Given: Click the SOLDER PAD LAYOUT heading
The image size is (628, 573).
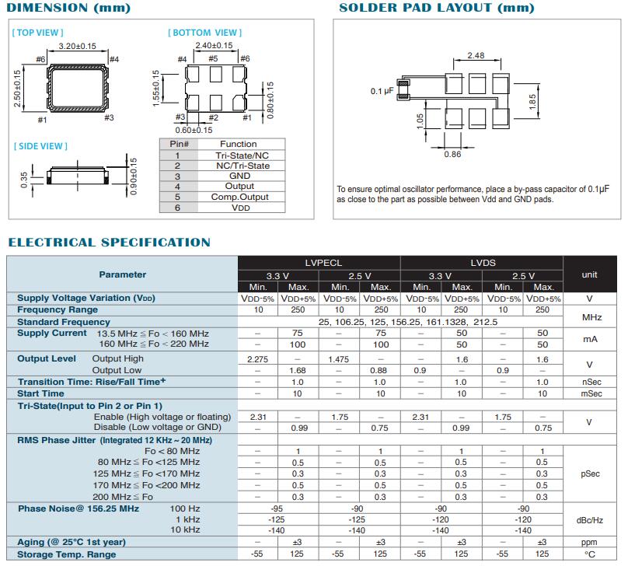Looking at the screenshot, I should coord(438,8).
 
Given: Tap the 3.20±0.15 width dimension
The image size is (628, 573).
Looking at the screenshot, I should coord(76,46).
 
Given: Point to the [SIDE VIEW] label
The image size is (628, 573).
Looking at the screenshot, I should coord(40,146).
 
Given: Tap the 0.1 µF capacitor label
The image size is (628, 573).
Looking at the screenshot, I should coord(382,92).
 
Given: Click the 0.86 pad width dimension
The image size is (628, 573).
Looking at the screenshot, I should coord(452,154).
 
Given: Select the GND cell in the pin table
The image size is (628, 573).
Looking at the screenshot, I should coord(239,176).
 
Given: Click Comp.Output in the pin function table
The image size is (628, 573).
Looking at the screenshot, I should coord(239,197).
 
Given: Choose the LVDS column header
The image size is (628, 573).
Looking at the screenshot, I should coord(483,264).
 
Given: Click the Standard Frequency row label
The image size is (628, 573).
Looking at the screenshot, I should coord(63,322).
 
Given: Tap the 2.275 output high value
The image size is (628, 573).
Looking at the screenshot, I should coord(257,359).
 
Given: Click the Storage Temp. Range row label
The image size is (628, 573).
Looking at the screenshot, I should coord(67,554).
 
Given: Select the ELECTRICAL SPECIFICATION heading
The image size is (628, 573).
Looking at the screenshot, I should coord(109,243).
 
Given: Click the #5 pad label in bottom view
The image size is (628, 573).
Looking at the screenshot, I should coord(213,59).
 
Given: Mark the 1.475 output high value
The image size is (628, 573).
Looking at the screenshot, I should coord(339,359).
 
